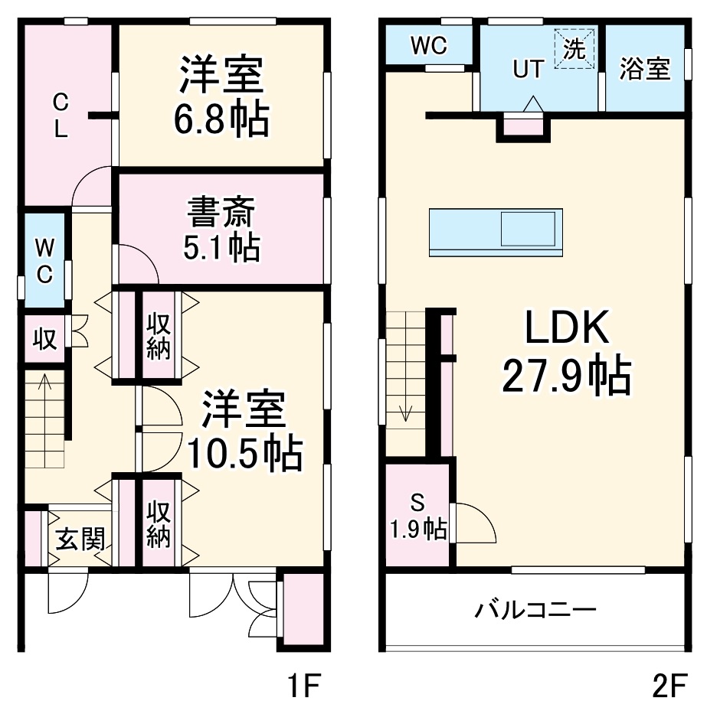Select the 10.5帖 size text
pos(243,454)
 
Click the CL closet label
pos(61,114)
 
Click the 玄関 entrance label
pos(80,540)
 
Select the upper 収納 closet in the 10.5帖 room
pos(159,335)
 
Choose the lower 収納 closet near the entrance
pos(159,523)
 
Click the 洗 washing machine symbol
pos(574,50)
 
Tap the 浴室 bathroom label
pos(645,69)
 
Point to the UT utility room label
pos(528,69)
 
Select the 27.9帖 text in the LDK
pos(567,376)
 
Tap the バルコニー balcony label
pos(535,610)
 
